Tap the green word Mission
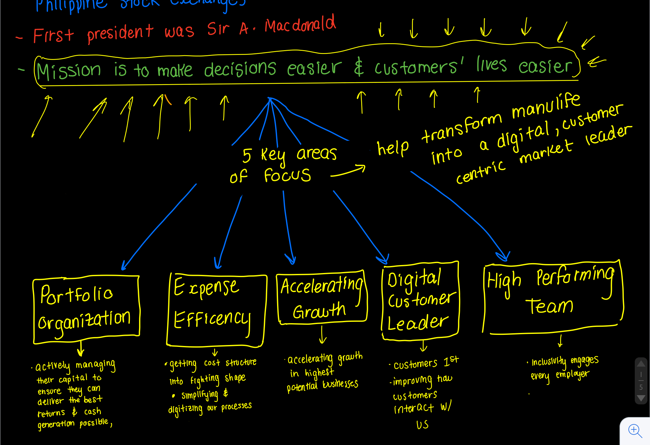point(69,70)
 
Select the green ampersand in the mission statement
point(359,68)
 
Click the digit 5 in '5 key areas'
point(247,156)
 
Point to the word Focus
point(287,175)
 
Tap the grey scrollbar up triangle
point(641,364)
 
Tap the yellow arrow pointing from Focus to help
point(348,171)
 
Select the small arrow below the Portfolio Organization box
point(81,349)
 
